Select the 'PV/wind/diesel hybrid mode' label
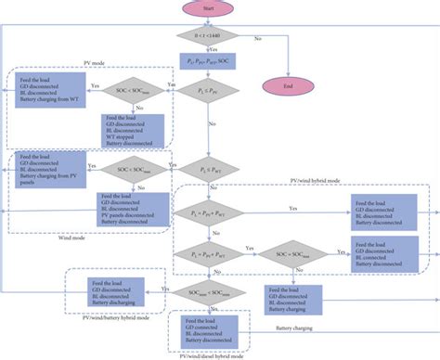[x=215, y=355]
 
